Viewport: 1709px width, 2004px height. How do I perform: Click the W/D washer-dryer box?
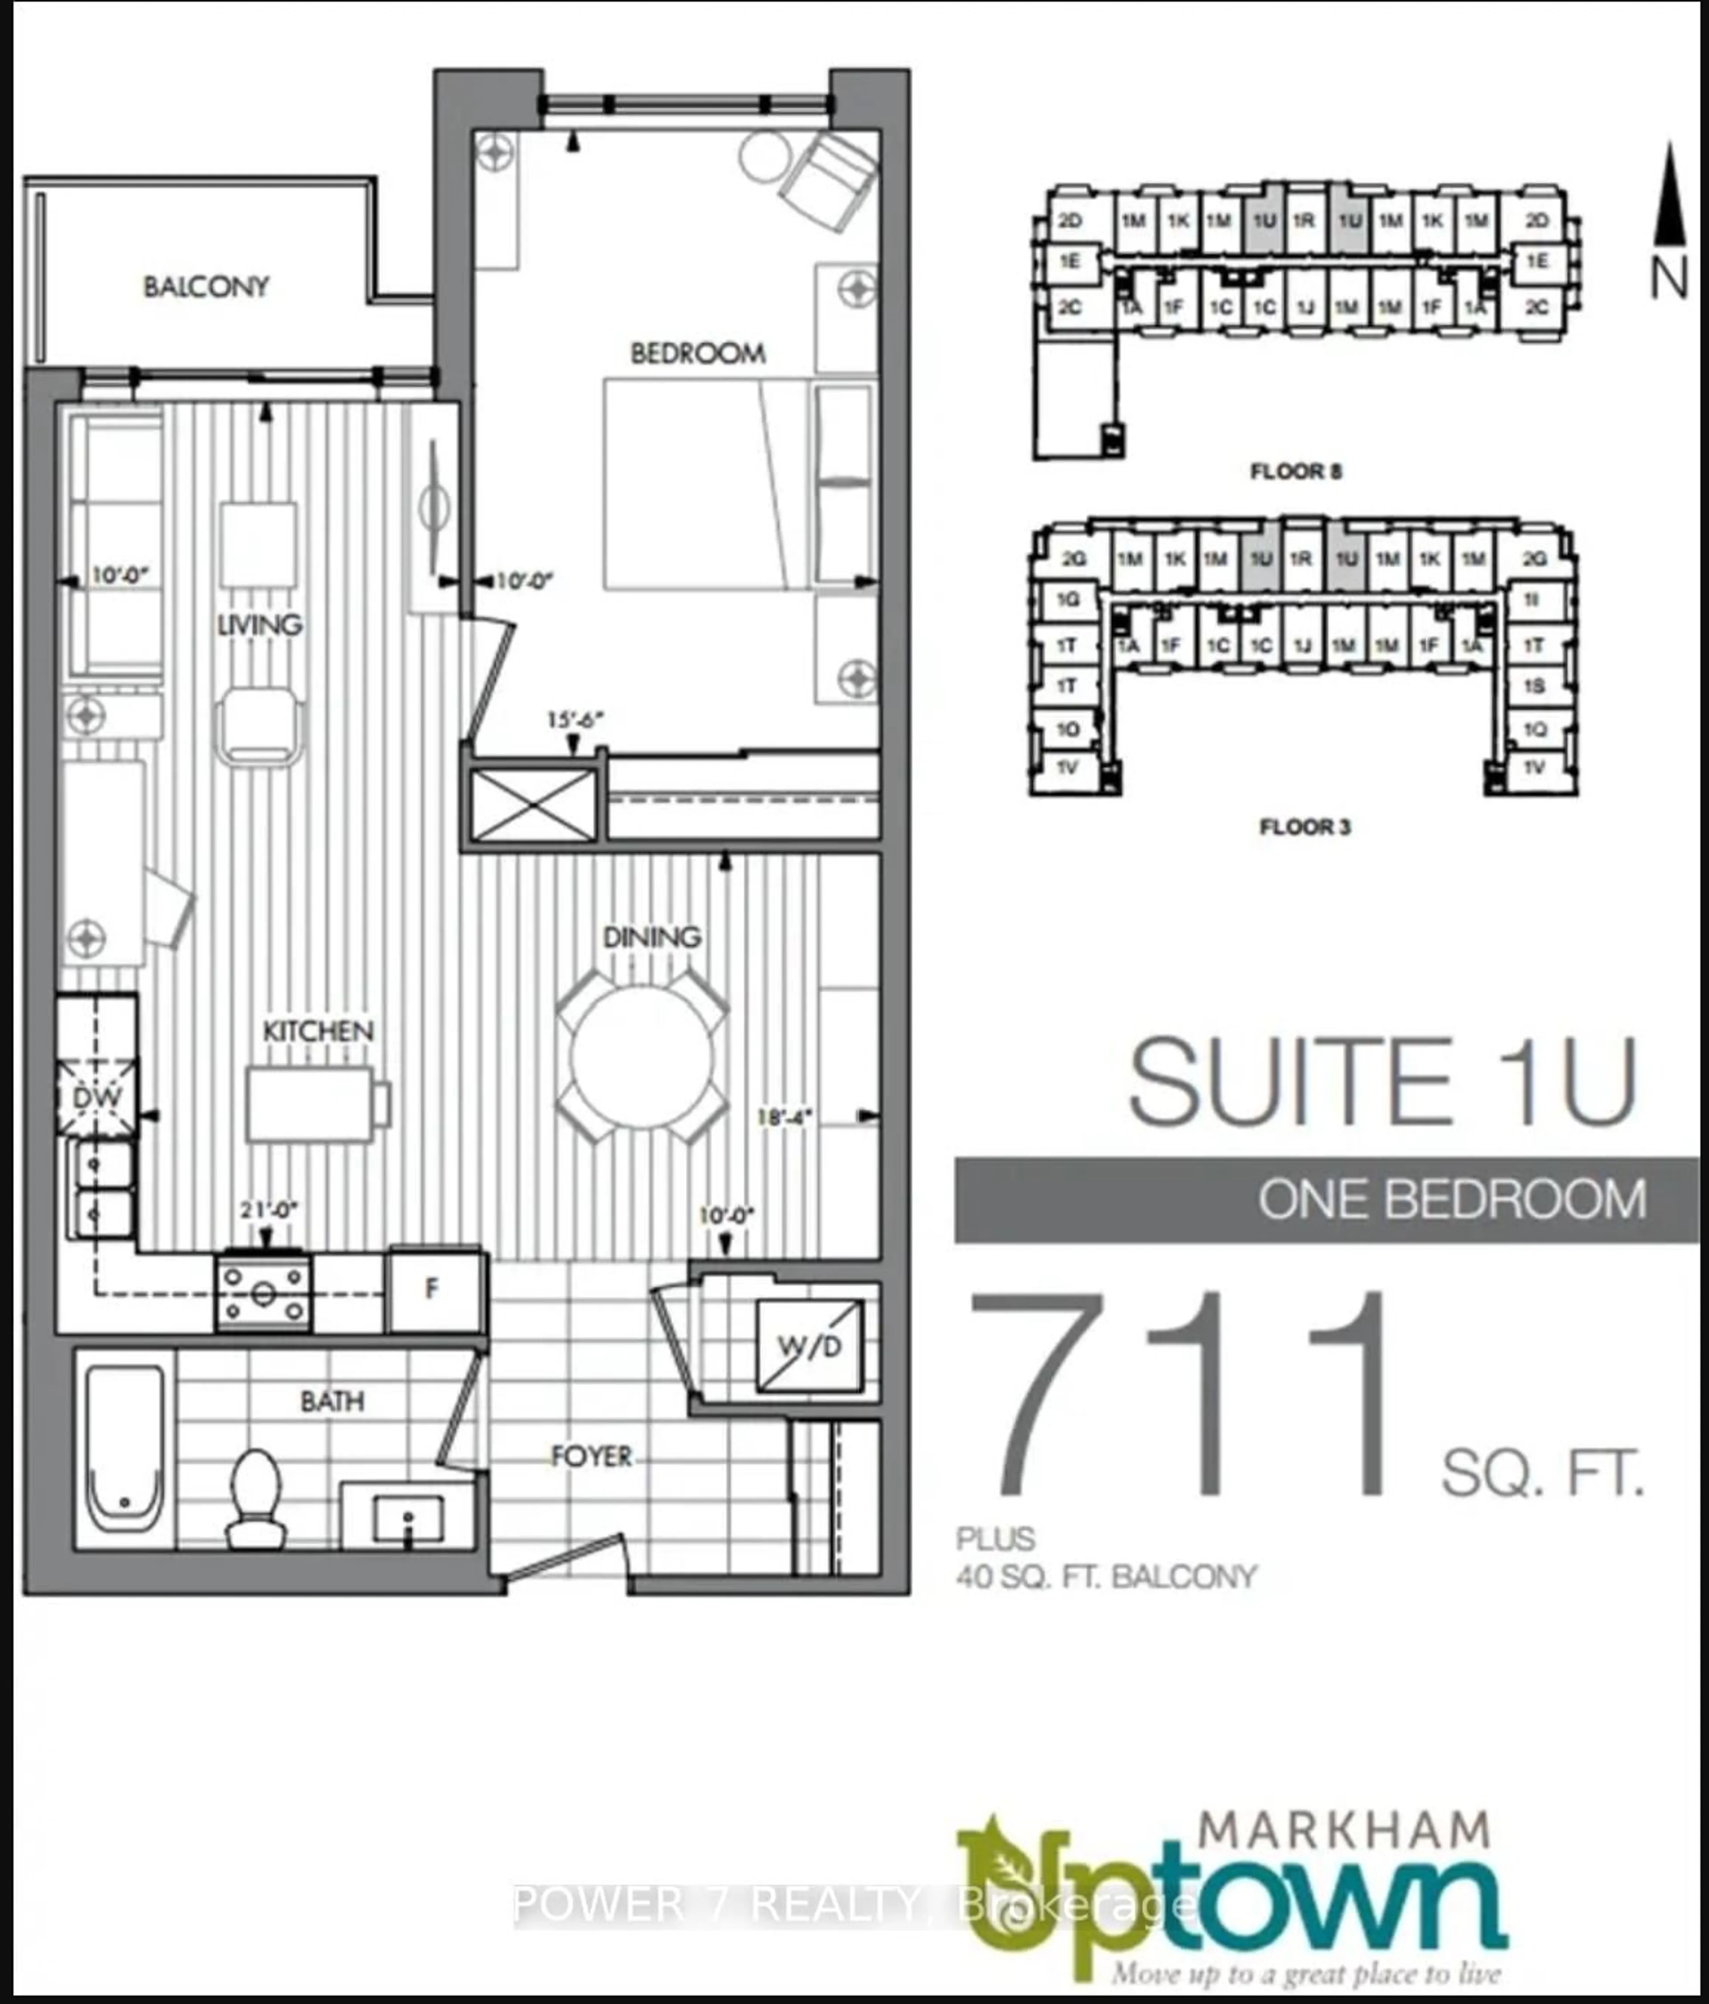click(x=809, y=1346)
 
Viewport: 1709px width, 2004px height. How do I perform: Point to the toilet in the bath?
click(x=256, y=1494)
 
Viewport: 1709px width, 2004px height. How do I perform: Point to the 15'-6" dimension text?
click(x=575, y=720)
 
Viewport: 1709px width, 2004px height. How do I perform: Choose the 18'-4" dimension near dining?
click(x=783, y=1117)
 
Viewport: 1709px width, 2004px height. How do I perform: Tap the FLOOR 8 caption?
click(x=1296, y=472)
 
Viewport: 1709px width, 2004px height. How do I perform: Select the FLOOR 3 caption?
click(x=1304, y=827)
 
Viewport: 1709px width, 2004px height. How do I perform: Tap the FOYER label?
click(x=591, y=1456)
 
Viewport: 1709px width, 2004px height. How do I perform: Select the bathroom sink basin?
click(x=407, y=1518)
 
